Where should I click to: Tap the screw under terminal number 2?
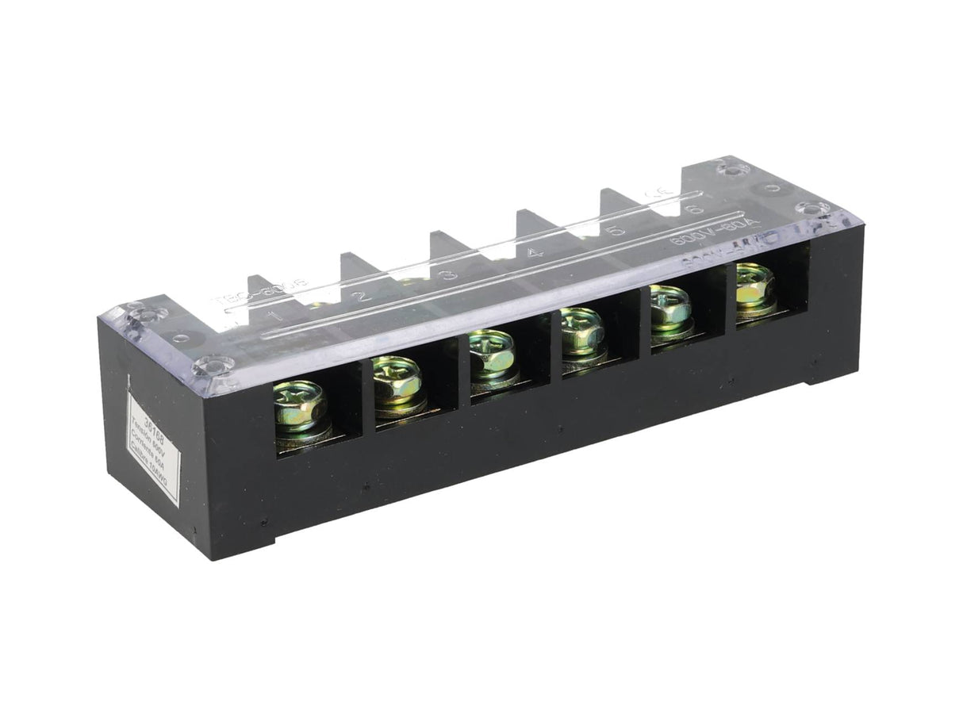[396, 384]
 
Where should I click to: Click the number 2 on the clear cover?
[362, 297]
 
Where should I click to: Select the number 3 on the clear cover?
[450, 274]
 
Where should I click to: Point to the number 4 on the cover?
[535, 253]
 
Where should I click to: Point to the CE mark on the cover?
[656, 193]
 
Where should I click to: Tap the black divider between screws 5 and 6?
[723, 299]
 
